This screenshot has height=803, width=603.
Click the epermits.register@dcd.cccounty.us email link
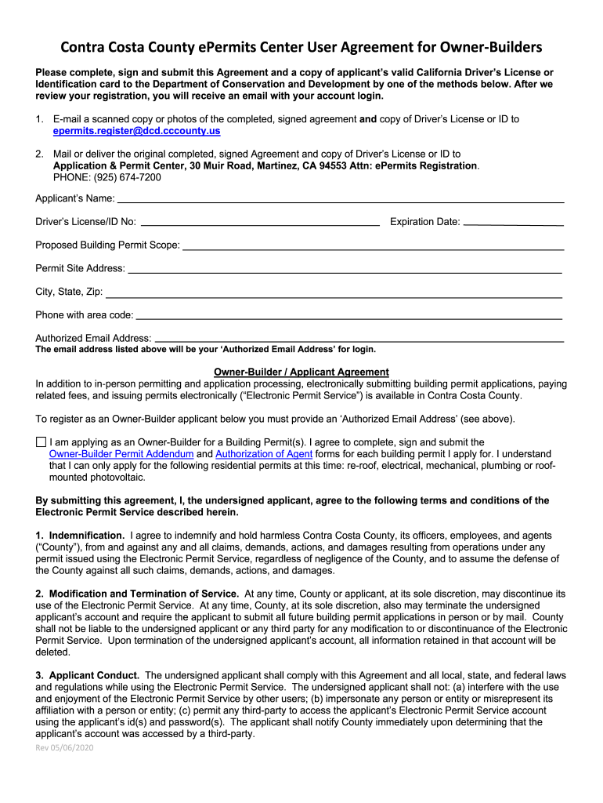[136, 131]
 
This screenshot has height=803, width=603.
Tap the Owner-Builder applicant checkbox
[41, 442]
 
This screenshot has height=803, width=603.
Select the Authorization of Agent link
[264, 454]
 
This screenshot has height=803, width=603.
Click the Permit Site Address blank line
[345, 271]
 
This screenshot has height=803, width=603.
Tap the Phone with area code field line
[349, 318]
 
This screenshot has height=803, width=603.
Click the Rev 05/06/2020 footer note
[65, 747]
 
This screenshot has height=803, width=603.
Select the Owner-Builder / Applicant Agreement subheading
[301, 372]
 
